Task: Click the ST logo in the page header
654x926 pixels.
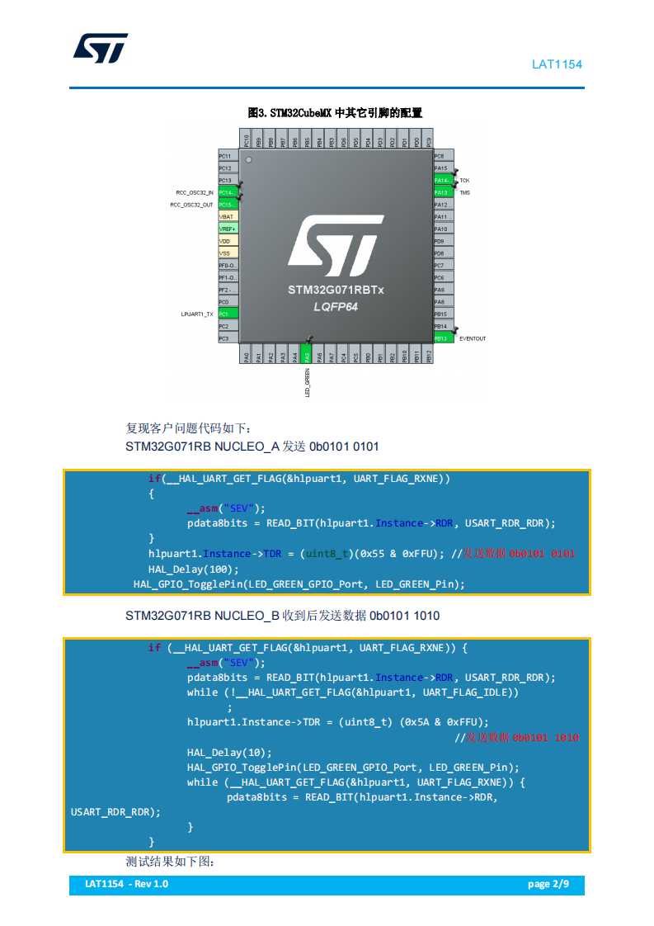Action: pyautogui.click(x=101, y=49)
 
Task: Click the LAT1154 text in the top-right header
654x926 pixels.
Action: pyautogui.click(x=557, y=64)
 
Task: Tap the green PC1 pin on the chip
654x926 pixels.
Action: pyautogui.click(x=228, y=314)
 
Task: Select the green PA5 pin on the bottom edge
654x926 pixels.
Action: pyautogui.click(x=307, y=357)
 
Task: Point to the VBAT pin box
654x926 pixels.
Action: pyautogui.click(x=228, y=216)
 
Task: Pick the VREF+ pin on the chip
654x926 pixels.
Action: pyautogui.click(x=228, y=229)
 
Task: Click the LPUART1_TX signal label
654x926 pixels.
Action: pyautogui.click(x=197, y=314)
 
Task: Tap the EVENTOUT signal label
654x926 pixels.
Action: pyautogui.click(x=473, y=338)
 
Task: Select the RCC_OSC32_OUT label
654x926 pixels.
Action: pyautogui.click(x=191, y=205)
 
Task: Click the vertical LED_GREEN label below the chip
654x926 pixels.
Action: pyautogui.click(x=307, y=385)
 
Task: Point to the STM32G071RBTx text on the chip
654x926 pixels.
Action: pyautogui.click(x=336, y=291)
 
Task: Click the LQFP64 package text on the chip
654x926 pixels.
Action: pyautogui.click(x=336, y=306)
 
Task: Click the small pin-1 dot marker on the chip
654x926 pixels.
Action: pyautogui.click(x=249, y=159)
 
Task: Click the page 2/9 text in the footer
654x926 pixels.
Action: pyautogui.click(x=548, y=884)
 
